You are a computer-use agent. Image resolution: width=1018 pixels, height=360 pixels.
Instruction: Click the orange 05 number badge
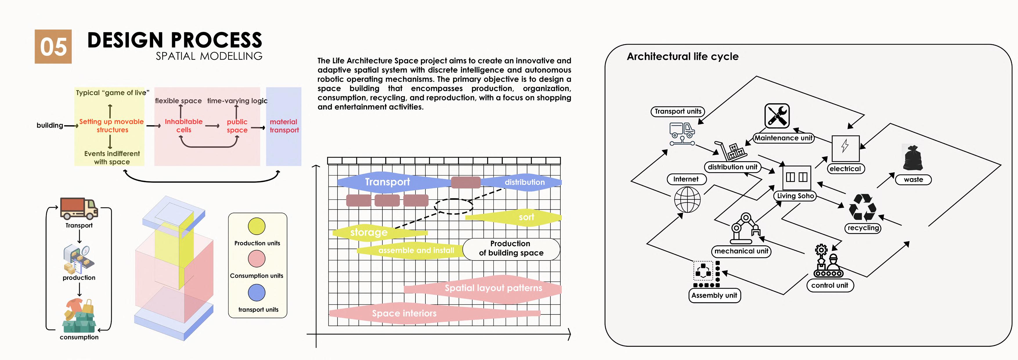53,47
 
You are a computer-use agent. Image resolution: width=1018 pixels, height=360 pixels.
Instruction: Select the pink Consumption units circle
257,259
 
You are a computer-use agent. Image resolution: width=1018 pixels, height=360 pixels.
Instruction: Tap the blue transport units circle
257,292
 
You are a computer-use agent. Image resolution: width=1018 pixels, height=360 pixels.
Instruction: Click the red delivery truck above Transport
79,208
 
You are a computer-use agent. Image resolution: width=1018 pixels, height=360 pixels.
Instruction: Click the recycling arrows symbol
863,207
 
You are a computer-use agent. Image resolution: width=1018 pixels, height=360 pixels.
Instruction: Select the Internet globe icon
687,200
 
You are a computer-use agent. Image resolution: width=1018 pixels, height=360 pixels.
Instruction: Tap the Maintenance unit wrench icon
777,116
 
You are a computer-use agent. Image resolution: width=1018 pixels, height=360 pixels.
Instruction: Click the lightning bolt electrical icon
845,148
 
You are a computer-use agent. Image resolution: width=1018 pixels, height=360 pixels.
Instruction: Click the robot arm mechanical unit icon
745,229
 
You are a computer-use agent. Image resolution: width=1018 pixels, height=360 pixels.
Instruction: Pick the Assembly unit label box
714,295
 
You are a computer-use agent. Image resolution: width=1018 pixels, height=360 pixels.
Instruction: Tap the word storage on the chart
369,232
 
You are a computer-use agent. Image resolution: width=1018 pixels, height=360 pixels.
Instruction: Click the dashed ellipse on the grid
454,206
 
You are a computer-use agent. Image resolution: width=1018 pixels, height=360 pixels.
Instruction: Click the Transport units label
677,111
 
